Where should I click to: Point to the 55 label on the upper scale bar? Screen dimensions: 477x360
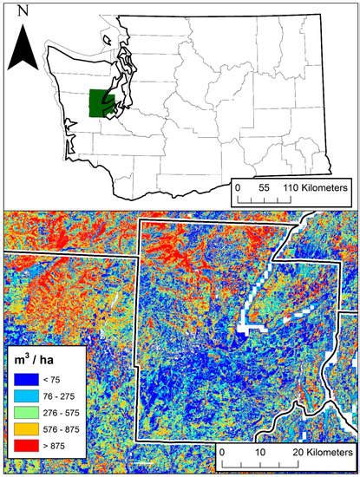(x=266, y=187)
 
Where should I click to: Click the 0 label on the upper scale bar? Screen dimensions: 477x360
(x=239, y=187)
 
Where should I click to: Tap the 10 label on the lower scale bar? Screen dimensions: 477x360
(x=261, y=453)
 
